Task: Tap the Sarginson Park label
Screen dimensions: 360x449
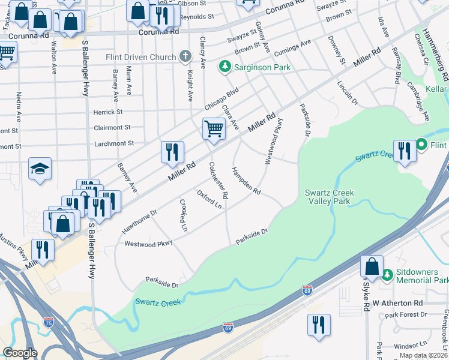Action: (x=262, y=67)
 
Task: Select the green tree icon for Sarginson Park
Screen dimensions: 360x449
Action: (x=225, y=66)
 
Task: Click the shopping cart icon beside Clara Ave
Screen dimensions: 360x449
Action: (x=214, y=128)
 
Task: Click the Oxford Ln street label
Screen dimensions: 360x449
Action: (x=209, y=199)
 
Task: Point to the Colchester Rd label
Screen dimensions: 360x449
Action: (x=218, y=181)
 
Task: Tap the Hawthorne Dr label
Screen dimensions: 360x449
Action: (x=139, y=221)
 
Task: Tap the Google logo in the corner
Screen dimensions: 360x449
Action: (x=20, y=353)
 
